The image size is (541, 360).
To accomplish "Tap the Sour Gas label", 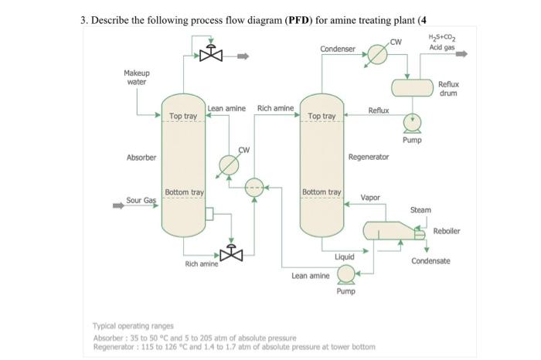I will point(141,200).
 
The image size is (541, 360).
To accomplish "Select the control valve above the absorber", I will point(210,55).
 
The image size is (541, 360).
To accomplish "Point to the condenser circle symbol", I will point(376,55).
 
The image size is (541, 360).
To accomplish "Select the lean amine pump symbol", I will point(345,273).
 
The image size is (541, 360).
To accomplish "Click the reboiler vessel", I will point(390,230).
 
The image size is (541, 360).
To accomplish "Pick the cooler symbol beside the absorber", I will point(229,165).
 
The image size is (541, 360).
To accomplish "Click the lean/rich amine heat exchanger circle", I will point(254,186).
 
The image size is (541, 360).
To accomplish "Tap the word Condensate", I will point(430,261).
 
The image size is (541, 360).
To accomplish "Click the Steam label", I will point(420,210).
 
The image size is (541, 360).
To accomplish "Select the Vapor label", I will point(370,198).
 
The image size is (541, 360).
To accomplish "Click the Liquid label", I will point(345,256).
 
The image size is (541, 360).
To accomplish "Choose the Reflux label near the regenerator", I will point(379,111).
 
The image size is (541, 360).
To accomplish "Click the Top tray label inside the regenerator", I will point(322,116).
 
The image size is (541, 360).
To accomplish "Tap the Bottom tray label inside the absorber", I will point(184,192).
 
